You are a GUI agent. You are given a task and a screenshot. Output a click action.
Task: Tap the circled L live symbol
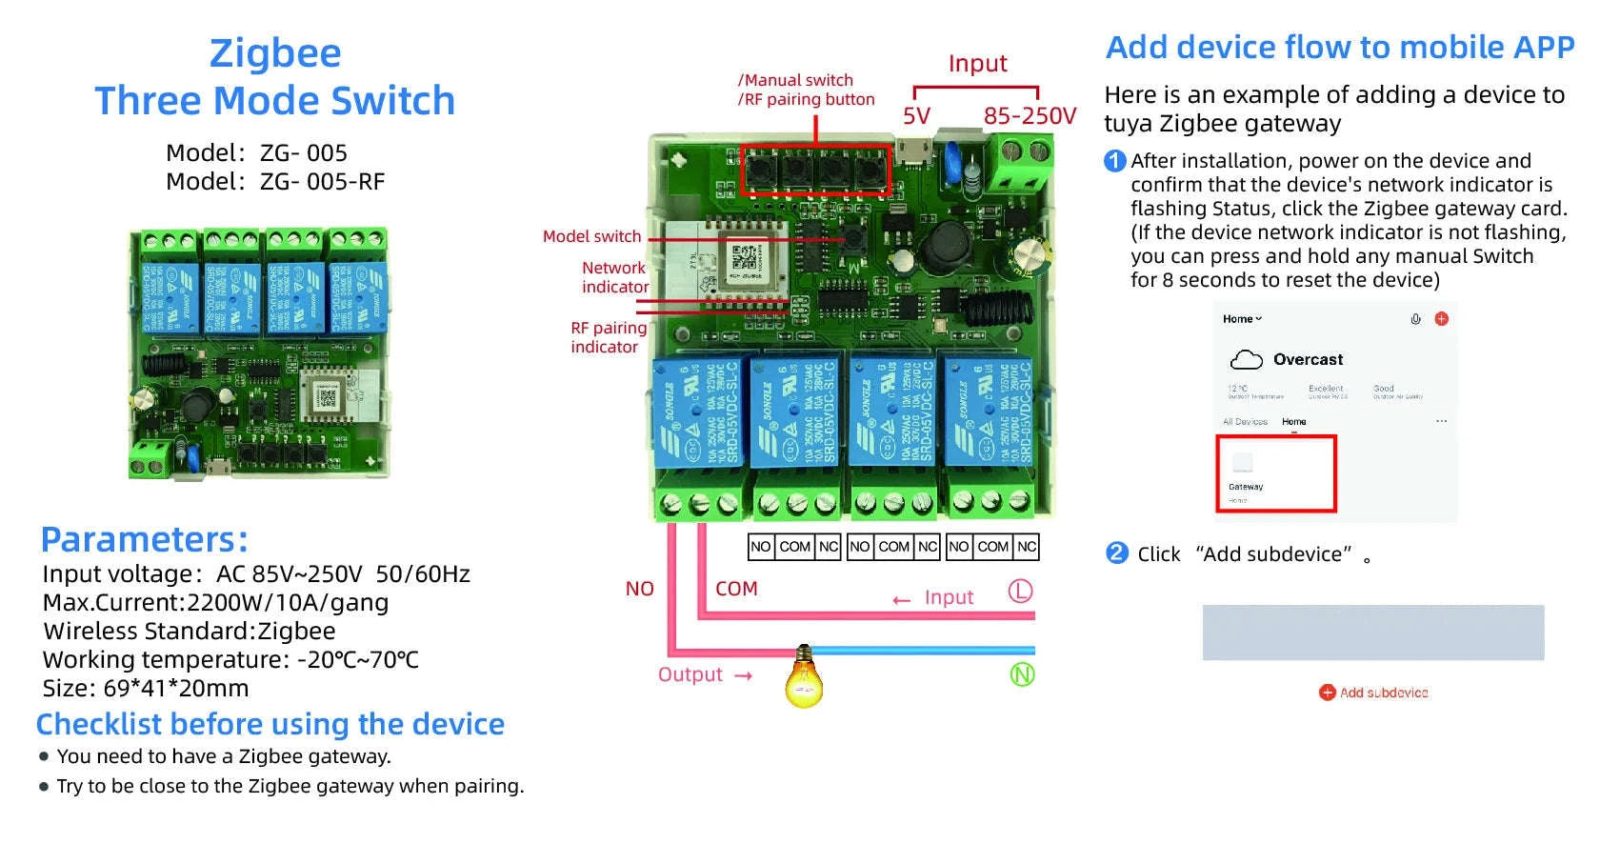tap(1020, 592)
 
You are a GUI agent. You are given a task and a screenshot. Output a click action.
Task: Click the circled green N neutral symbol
tap(1022, 675)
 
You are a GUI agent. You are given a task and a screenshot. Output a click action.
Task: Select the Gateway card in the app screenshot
tap(1275, 473)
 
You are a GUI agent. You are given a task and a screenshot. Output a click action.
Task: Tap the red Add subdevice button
tap(1373, 693)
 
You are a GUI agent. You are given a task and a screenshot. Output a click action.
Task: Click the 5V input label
tap(916, 116)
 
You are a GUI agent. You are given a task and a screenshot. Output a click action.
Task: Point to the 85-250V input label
tap(1030, 116)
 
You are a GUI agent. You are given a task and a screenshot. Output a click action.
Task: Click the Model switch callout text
tap(591, 236)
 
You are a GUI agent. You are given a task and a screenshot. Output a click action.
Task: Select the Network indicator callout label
tap(614, 277)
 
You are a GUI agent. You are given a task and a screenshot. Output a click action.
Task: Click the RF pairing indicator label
tap(608, 337)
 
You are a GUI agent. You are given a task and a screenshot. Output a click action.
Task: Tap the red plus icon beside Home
tap(1441, 319)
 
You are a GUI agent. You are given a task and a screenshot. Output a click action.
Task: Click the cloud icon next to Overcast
tap(1246, 360)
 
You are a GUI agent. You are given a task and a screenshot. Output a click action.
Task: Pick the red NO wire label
tap(639, 589)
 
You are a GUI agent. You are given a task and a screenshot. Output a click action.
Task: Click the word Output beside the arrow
tap(690, 674)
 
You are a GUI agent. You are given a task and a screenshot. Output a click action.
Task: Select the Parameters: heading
tap(145, 540)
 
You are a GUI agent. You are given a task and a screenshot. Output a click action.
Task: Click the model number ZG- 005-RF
tap(322, 182)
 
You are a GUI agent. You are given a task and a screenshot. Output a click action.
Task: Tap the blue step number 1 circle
tap(1114, 161)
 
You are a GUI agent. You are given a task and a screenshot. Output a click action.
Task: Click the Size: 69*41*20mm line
tap(146, 689)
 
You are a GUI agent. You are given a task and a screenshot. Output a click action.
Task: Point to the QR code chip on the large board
tap(746, 257)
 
